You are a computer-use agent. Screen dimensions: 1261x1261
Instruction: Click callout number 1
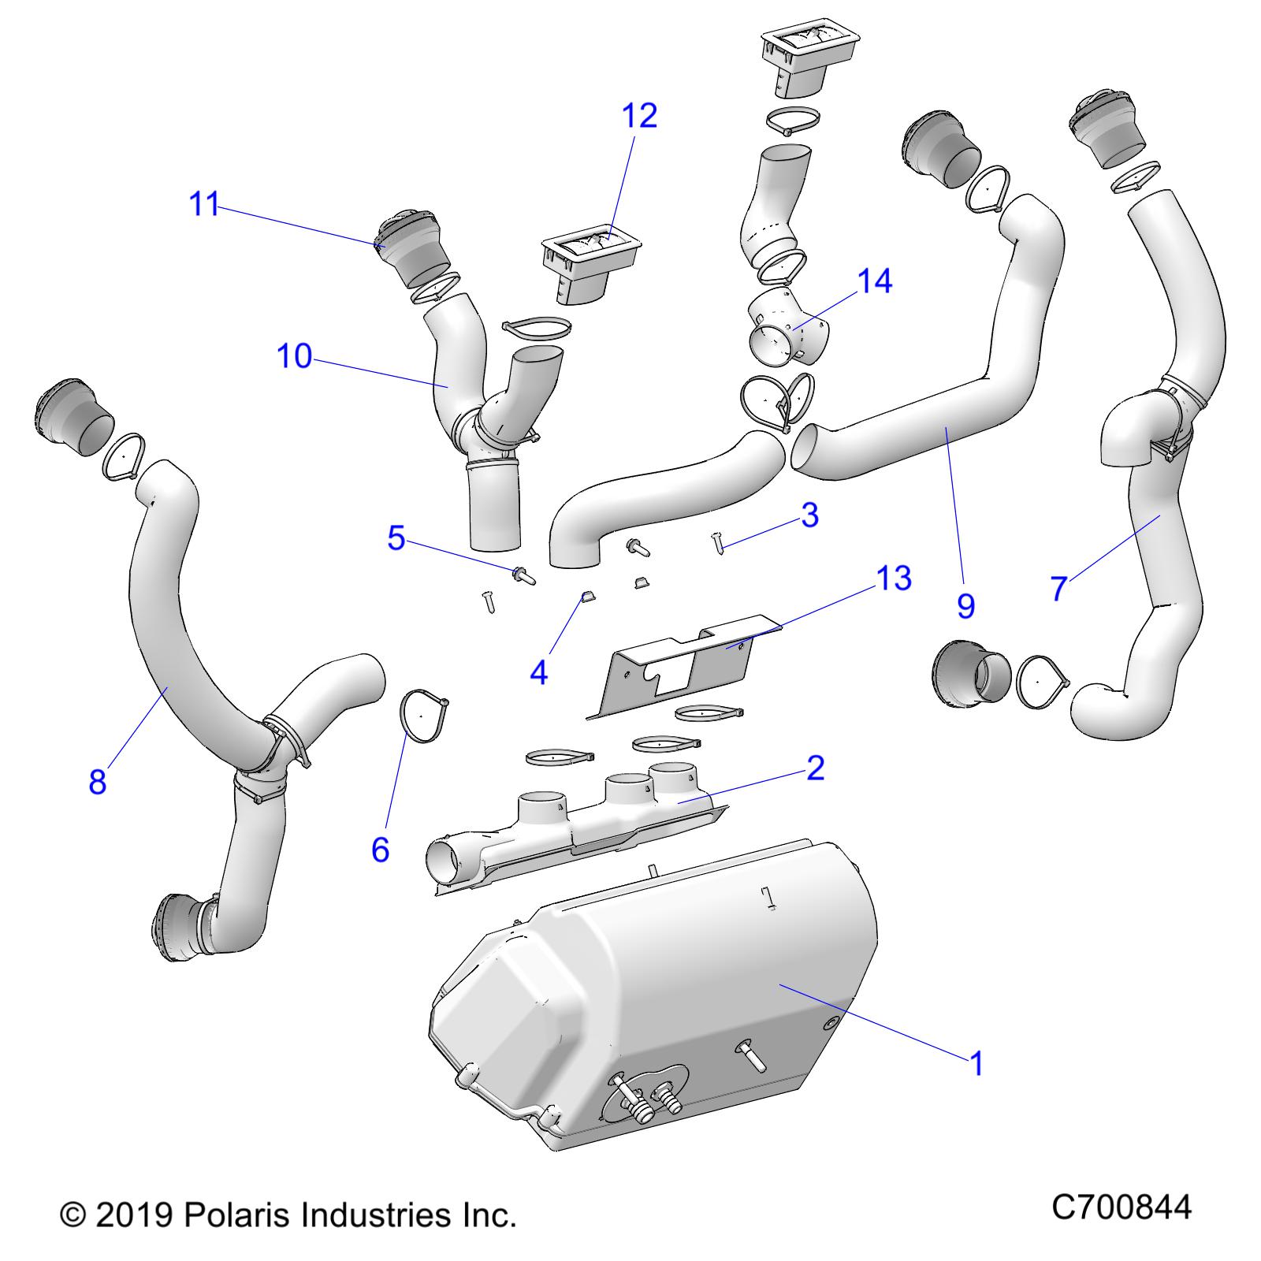[976, 1064]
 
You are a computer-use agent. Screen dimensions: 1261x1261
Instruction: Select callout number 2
[815, 768]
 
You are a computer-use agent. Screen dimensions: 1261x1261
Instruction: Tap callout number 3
[809, 515]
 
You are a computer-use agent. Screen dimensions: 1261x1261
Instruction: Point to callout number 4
[539, 672]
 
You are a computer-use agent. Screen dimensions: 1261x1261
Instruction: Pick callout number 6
[380, 850]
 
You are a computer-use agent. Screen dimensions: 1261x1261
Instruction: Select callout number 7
[1058, 588]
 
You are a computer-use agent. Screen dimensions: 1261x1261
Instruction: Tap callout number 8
[97, 782]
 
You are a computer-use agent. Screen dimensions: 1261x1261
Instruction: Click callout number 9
[965, 605]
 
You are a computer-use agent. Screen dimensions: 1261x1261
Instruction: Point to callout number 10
[295, 356]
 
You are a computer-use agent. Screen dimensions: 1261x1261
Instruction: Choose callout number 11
[204, 205]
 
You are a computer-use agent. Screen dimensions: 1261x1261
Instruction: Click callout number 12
[639, 116]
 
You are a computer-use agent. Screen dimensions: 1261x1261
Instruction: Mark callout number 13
[894, 578]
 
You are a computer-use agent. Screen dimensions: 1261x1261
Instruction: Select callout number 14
[874, 281]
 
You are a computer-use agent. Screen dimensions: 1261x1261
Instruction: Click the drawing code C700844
[1122, 1207]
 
